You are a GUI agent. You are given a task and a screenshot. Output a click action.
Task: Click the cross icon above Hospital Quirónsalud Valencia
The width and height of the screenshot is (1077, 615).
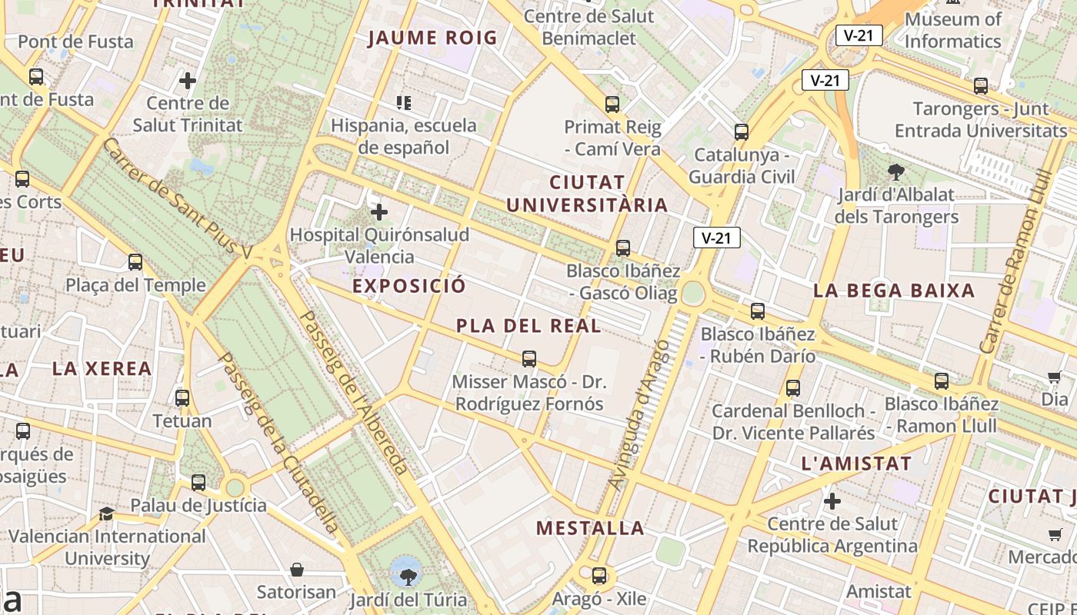click(379, 212)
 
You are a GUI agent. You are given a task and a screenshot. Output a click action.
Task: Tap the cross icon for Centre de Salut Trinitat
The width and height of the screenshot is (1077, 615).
click(188, 80)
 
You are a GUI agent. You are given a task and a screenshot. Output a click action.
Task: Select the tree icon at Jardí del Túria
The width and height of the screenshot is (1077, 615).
click(405, 571)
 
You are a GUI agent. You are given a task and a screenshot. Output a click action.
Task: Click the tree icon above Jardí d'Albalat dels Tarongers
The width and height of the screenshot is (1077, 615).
click(895, 171)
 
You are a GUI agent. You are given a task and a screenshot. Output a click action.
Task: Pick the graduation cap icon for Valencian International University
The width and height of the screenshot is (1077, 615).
click(107, 513)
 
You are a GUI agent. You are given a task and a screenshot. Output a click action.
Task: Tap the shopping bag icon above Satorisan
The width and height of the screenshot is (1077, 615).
click(297, 570)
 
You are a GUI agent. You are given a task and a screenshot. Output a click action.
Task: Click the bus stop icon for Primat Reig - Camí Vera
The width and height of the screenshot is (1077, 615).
click(612, 104)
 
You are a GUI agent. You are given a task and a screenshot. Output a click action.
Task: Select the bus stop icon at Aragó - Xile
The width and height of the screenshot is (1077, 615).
click(599, 575)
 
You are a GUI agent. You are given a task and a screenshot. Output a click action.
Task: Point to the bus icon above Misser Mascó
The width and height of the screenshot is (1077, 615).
click(529, 358)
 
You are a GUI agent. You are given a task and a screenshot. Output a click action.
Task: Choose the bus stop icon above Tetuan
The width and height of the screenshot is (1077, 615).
click(182, 398)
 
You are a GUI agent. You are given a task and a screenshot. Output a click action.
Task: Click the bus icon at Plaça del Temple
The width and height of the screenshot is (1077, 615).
click(135, 262)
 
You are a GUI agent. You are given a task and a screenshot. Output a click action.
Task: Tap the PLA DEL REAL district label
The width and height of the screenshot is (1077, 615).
click(528, 326)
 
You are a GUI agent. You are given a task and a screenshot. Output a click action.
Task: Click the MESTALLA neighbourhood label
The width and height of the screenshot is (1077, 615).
click(590, 528)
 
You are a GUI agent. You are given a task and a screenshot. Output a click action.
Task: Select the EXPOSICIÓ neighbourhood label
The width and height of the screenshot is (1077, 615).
click(409, 286)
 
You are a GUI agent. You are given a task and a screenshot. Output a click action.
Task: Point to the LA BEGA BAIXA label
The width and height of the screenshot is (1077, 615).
click(894, 291)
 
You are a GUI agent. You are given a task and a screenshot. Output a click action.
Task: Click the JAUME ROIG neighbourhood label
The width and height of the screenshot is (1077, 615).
click(432, 38)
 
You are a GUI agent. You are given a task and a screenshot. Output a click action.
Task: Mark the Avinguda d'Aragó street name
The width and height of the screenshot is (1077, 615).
click(639, 415)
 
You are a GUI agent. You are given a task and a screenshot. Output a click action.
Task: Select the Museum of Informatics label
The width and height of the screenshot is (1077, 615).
click(953, 30)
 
